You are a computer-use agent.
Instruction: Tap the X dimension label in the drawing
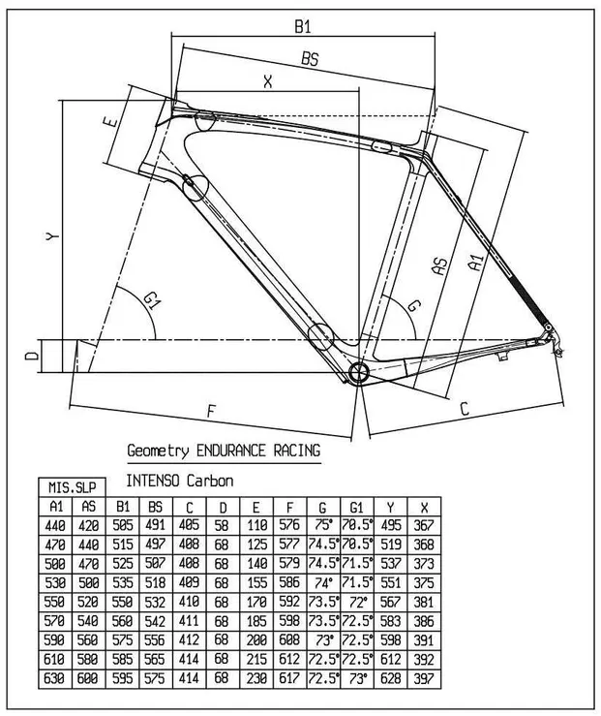[268, 82]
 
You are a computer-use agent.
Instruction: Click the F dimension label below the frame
[211, 410]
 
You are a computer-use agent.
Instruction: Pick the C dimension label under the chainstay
[465, 410]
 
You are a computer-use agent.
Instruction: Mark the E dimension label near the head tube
[111, 123]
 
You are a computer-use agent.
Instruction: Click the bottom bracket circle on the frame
[357, 373]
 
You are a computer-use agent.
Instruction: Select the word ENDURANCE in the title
[235, 451]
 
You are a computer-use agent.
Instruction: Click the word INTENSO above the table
[154, 479]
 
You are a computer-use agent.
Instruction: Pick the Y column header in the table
[389, 505]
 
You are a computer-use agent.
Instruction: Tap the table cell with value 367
[422, 523]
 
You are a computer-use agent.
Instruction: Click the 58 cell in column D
[222, 523]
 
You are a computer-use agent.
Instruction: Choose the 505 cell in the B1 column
[122, 523]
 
